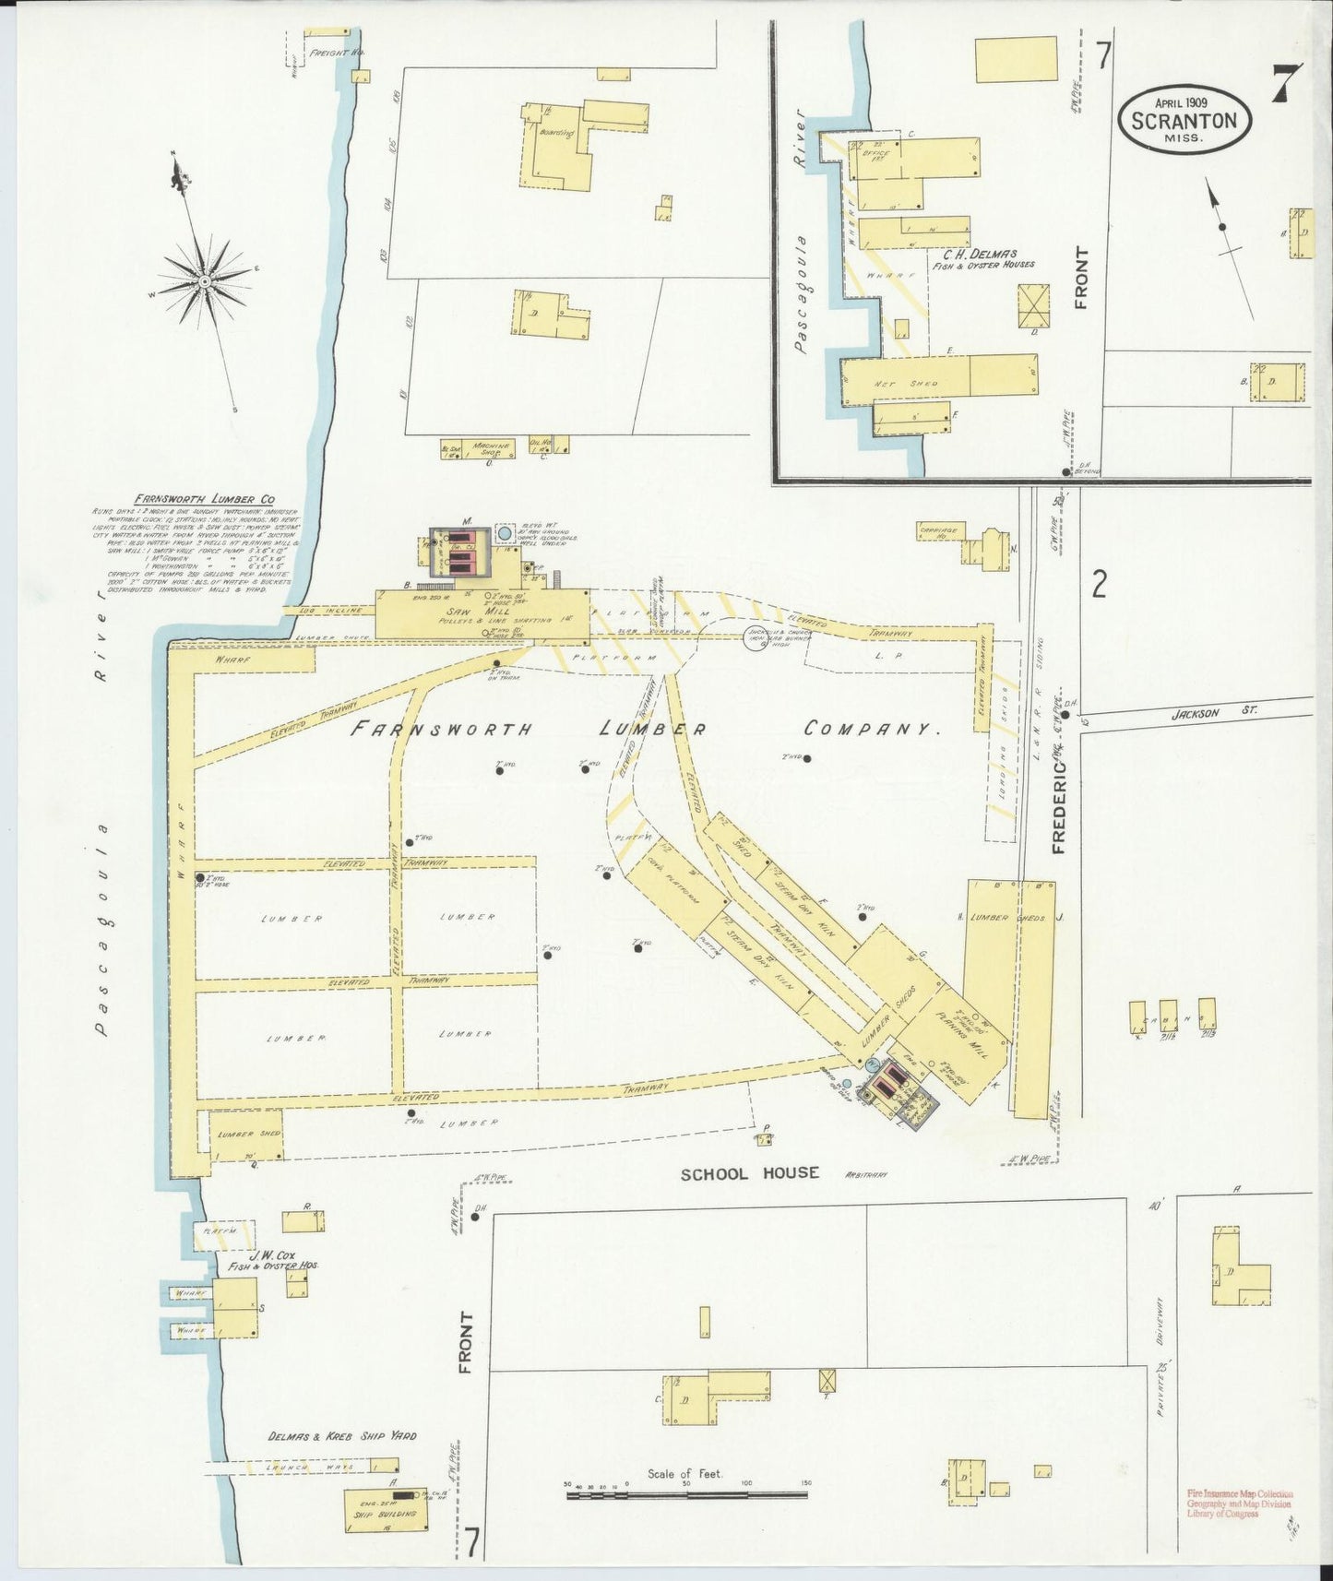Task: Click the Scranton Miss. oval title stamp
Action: pos(1184,121)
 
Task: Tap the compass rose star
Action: pos(204,279)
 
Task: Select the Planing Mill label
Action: pos(962,1031)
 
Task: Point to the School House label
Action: pos(749,1173)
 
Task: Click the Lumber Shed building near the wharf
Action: pos(245,1134)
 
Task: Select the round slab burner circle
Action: pos(758,636)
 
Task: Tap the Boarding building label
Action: pos(556,133)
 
